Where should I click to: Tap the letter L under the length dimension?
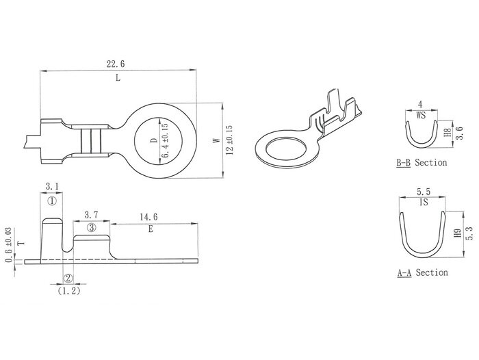click(118, 78)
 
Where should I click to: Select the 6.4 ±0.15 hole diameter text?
click(164, 142)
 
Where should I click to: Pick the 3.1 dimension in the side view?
click(51, 186)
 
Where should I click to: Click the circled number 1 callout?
click(51, 201)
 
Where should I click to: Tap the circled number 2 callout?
click(68, 278)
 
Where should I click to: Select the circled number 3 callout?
click(91, 227)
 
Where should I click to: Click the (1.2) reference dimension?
click(68, 290)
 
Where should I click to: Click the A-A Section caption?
click(422, 272)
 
